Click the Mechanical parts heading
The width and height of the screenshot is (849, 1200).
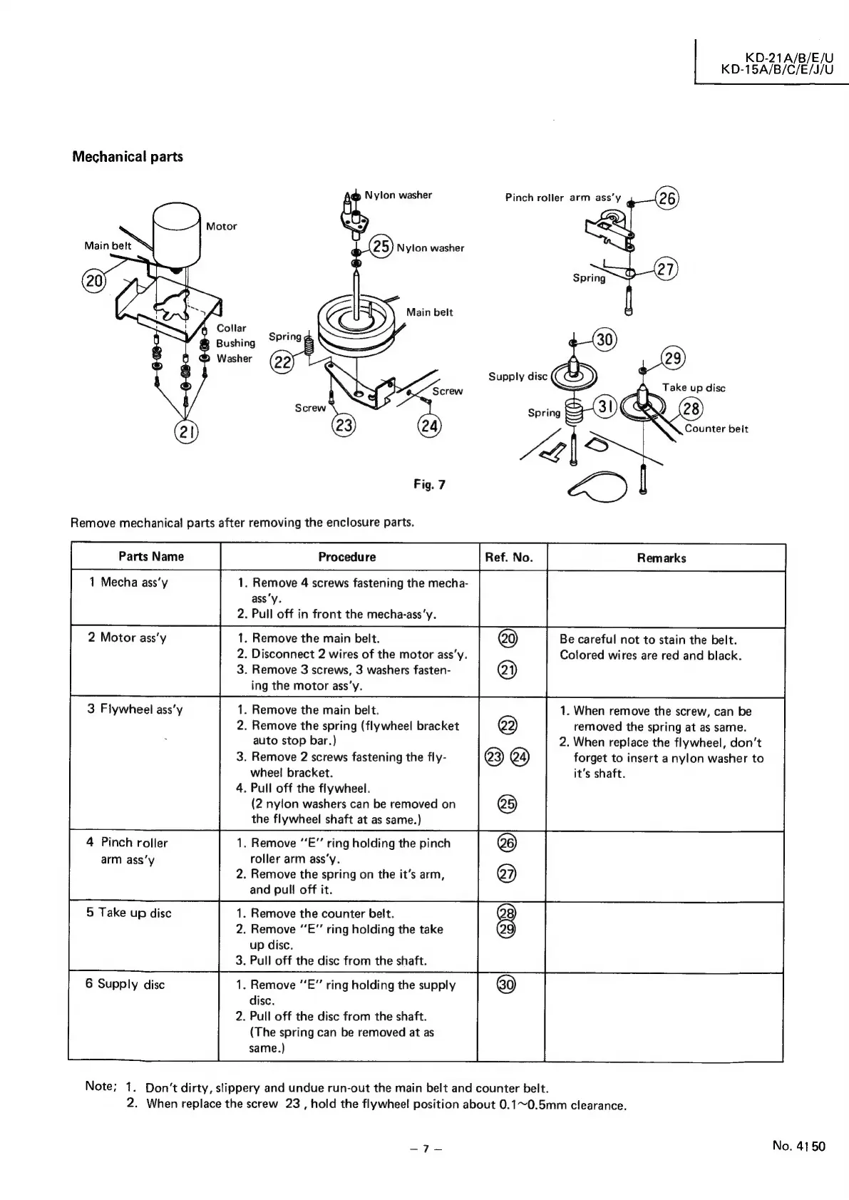click(128, 156)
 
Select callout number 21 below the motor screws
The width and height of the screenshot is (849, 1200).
click(187, 431)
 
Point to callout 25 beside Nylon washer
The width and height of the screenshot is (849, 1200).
click(382, 247)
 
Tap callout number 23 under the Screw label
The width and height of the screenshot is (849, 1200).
click(344, 426)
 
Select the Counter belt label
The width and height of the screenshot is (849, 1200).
click(716, 429)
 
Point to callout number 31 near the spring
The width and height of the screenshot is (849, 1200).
click(605, 407)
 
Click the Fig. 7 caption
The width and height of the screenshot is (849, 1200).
click(429, 485)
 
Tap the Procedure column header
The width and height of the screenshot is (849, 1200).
click(347, 557)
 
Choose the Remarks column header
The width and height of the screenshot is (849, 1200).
click(662, 558)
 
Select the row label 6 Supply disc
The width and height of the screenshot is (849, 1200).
click(125, 984)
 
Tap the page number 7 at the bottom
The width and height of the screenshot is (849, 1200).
click(424, 1148)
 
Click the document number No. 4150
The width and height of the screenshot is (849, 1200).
click(798, 1146)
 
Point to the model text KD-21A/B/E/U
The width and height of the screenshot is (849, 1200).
click(788, 57)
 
